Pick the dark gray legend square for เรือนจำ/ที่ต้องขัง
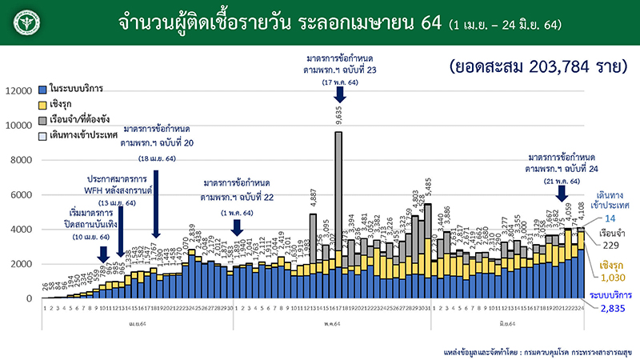[42, 121]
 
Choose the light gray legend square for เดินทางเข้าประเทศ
[42, 137]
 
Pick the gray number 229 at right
[612, 245]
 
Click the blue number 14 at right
[612, 218]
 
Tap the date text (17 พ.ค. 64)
[339, 82]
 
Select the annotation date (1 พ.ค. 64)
[236, 212]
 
